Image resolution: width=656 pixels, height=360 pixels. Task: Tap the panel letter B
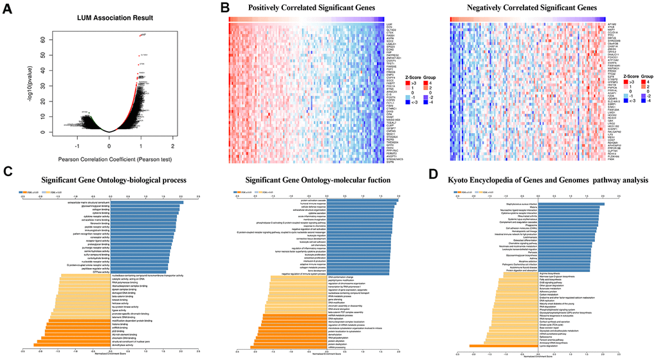(x=225, y=8)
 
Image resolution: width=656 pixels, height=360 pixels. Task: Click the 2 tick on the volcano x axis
(x=174, y=137)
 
